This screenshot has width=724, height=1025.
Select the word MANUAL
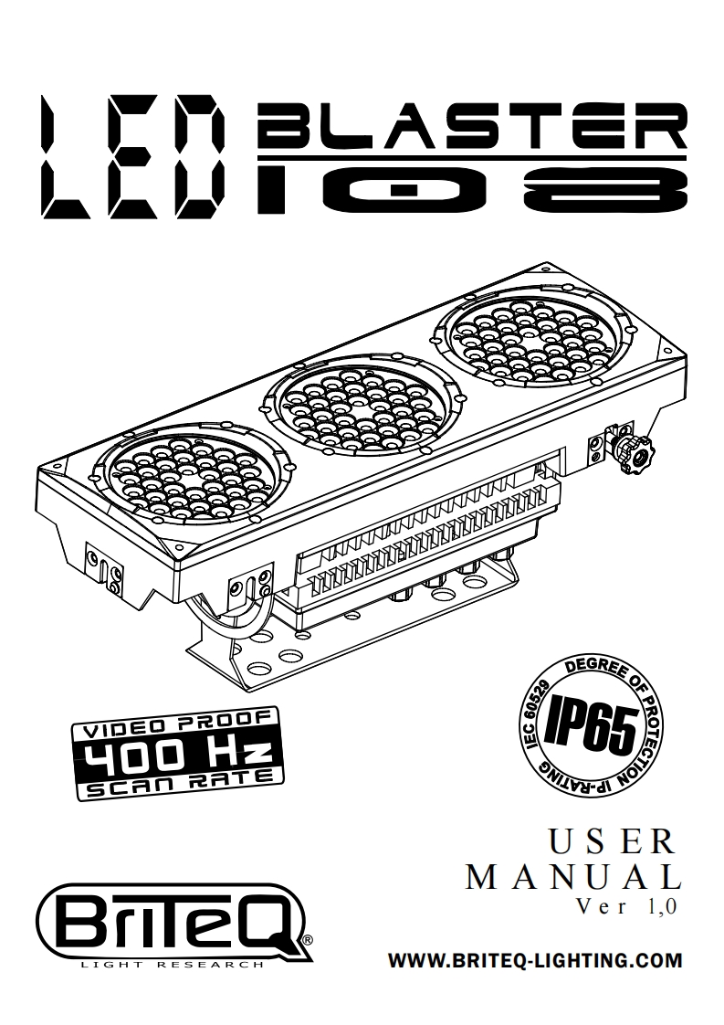(x=574, y=878)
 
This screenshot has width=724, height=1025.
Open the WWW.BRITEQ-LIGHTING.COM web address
(x=536, y=961)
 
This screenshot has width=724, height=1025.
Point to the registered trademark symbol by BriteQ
(x=308, y=939)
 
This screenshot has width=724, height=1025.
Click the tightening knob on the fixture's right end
(x=633, y=450)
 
